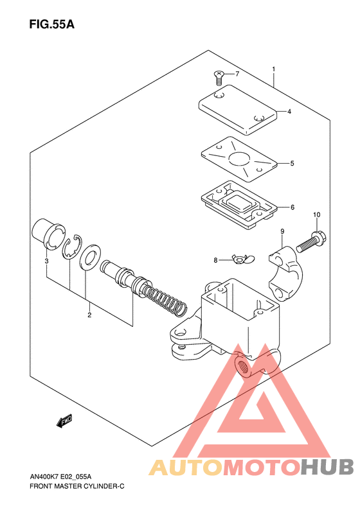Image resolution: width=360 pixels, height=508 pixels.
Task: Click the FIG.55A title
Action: tap(51, 24)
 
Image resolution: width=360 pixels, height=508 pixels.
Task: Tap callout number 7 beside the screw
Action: tap(237, 74)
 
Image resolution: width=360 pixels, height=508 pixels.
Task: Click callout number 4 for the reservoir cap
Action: tap(289, 112)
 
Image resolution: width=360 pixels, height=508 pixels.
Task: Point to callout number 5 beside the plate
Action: tap(292, 163)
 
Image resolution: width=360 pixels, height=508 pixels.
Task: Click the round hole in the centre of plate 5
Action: tap(240, 159)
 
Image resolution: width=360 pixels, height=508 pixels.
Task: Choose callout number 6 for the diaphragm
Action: tap(292, 207)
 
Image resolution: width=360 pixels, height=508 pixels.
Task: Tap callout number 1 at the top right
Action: tap(274, 69)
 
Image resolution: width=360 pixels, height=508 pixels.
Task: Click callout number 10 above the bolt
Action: tap(316, 215)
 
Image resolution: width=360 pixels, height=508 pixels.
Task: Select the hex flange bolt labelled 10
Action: tap(311, 242)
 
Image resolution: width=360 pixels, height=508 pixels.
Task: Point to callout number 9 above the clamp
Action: tap(282, 231)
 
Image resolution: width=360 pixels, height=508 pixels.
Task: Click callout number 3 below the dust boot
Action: tap(46, 261)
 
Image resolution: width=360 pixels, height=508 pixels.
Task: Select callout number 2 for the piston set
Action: tap(89, 315)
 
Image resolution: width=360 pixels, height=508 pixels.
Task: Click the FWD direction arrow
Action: tap(64, 421)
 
